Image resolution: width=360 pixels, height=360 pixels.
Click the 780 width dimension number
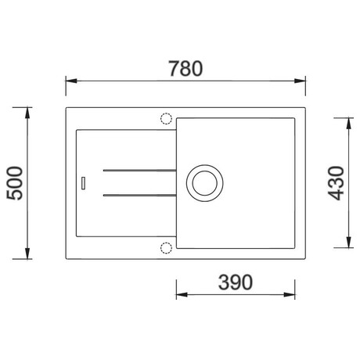click(185, 69)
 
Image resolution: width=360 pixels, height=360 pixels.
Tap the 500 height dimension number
click(15, 183)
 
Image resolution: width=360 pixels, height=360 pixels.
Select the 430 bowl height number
click(337, 183)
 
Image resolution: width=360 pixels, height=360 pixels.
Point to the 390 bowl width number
click(236, 283)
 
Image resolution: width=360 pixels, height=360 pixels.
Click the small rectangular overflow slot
click(83, 183)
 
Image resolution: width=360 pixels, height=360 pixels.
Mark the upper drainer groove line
click(140, 171)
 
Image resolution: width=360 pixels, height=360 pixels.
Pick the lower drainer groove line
click(140, 195)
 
